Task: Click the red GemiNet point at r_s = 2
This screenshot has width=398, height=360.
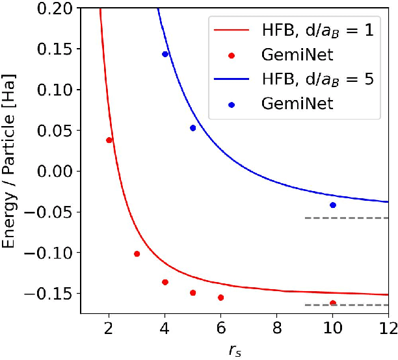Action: [x=109, y=140]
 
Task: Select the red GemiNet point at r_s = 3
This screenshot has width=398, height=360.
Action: [x=137, y=253]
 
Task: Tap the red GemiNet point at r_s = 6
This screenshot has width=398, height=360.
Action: [x=221, y=298]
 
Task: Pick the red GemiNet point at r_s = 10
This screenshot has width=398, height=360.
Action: [x=333, y=303]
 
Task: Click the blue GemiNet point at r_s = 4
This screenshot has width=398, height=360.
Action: [x=165, y=54]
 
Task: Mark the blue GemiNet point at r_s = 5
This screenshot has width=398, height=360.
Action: [x=193, y=128]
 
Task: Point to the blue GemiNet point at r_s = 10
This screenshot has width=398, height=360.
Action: [x=333, y=205]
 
